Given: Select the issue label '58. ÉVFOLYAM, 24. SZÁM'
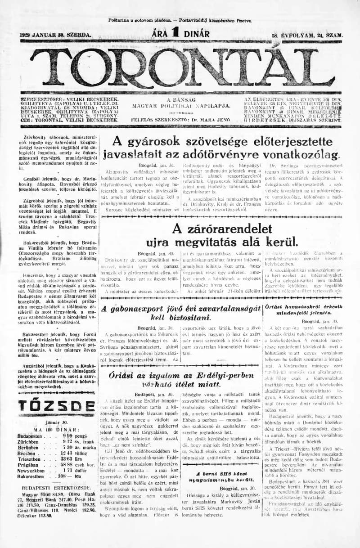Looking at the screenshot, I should [x=307, y=35].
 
